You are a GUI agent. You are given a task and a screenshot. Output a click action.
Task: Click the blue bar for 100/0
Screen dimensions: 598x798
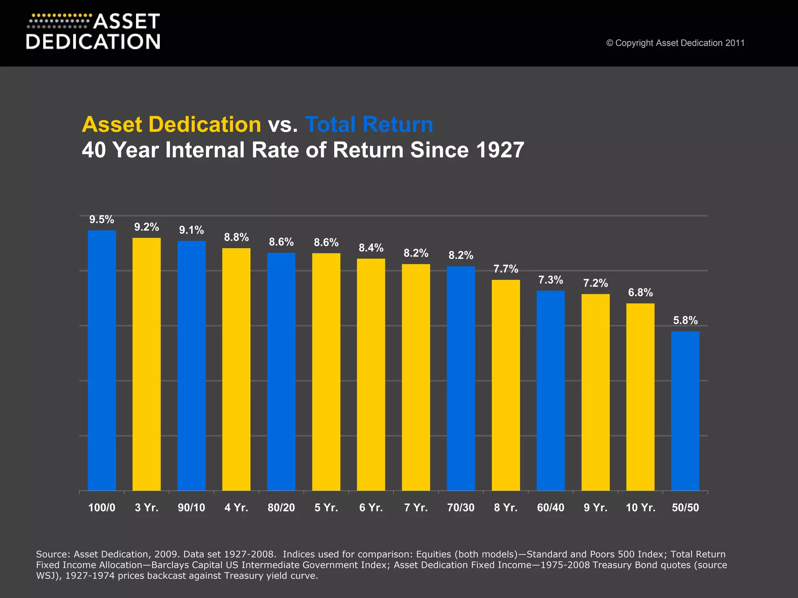102,360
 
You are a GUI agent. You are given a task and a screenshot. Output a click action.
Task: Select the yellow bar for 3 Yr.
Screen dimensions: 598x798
147,364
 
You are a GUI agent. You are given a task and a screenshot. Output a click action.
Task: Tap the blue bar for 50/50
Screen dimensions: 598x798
685,411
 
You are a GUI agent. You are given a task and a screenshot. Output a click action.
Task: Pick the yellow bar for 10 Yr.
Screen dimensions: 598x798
640,397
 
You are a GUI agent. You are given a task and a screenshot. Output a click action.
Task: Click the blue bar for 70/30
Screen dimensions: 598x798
461,378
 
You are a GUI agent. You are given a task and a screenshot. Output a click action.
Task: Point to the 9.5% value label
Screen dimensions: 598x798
102,220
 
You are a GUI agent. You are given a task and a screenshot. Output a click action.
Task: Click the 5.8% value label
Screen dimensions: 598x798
685,320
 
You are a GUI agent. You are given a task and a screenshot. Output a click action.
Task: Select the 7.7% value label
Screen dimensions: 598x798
506,269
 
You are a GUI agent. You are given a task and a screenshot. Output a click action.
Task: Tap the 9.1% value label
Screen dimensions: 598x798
191,230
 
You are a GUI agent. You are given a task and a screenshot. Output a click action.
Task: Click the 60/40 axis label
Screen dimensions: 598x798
551,508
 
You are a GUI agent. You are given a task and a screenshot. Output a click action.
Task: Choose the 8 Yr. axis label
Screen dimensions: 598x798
506,508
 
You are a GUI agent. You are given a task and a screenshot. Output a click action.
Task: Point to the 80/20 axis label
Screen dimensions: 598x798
281,508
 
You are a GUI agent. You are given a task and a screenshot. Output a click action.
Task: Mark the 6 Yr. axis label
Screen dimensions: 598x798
371,508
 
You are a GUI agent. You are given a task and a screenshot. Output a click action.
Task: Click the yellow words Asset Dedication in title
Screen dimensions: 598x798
171,125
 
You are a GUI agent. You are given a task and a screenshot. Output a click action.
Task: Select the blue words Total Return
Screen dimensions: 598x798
369,125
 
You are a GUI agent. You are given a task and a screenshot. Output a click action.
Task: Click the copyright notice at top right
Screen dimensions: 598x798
675,43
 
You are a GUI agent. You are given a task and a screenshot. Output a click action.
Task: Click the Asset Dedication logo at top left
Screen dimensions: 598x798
93,32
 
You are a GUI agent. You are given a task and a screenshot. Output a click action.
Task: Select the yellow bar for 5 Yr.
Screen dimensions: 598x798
326,372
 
